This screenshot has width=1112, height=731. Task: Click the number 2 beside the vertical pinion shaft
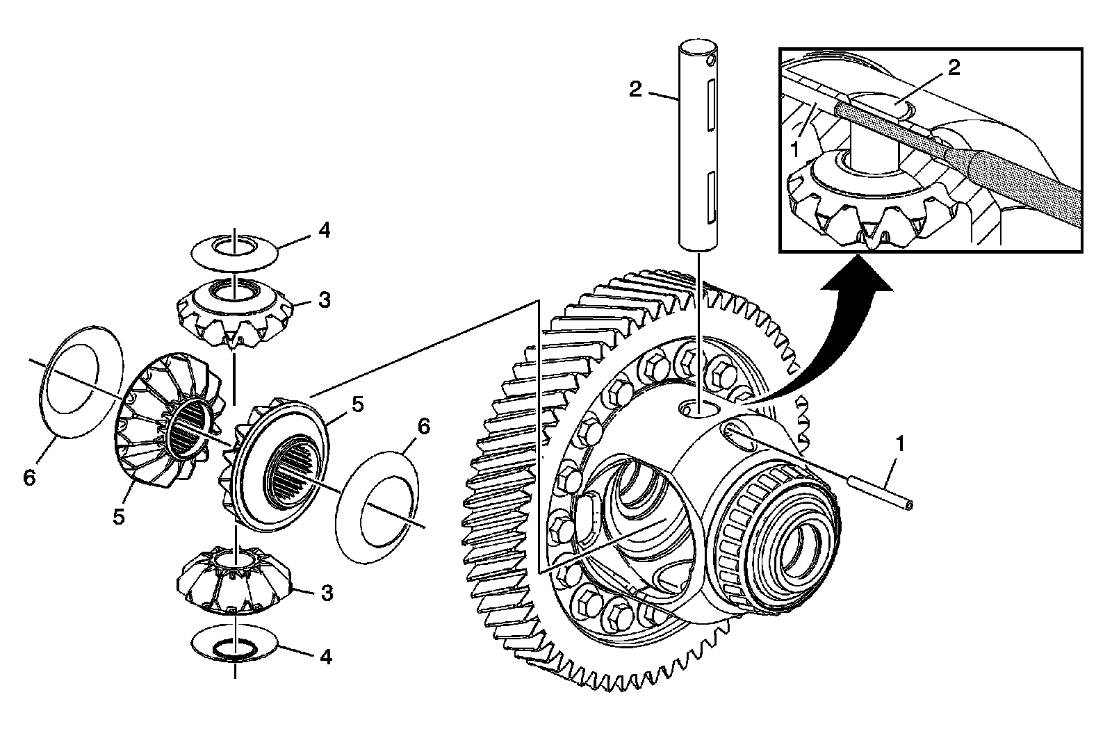point(635,90)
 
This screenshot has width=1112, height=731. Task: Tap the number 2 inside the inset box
point(954,67)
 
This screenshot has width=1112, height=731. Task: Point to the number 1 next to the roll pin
point(900,443)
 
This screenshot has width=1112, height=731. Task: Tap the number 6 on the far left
point(28,479)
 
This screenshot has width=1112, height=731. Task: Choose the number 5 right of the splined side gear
point(357,404)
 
